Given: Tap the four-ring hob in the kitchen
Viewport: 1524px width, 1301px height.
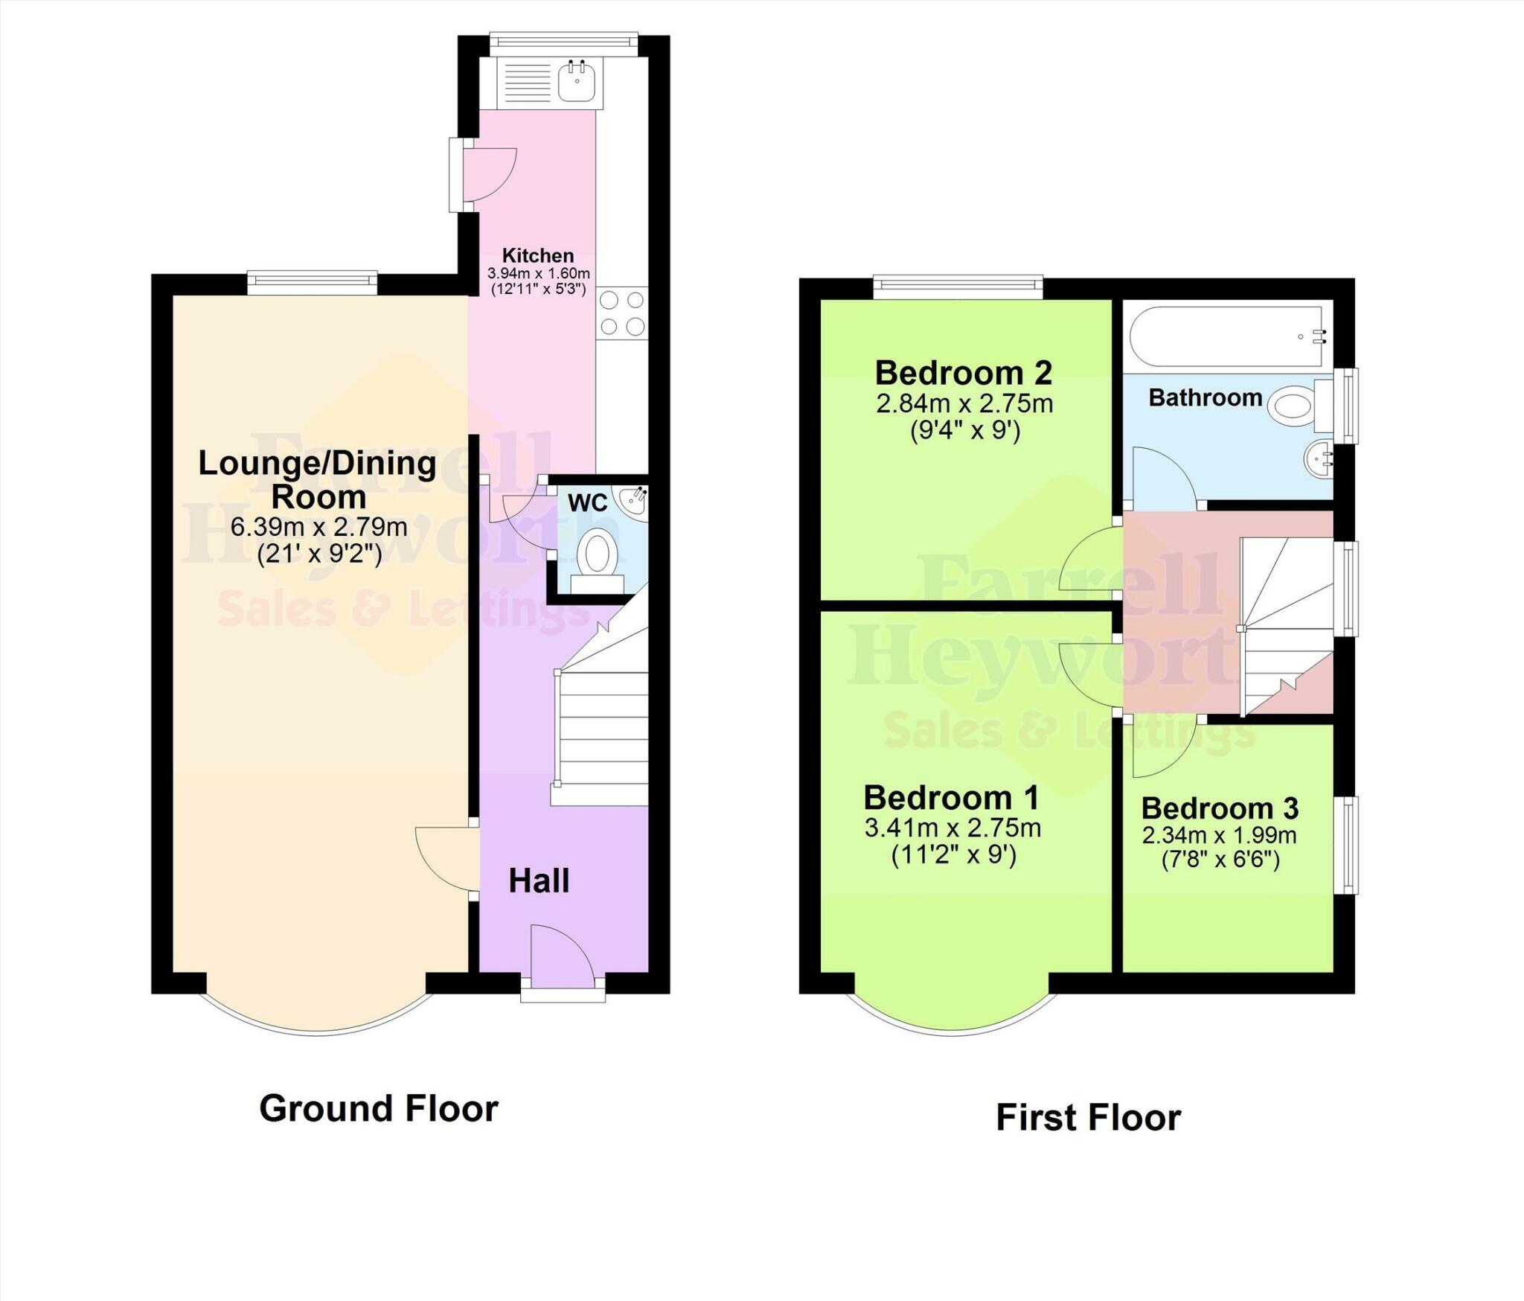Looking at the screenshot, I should click(622, 313).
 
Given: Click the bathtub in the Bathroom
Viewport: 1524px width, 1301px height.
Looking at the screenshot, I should click(1228, 336).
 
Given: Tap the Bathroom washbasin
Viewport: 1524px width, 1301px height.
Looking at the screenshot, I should click(1318, 459).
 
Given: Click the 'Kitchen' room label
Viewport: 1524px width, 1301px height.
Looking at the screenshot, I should click(537, 255).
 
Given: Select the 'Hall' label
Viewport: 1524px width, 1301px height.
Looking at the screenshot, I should click(539, 880).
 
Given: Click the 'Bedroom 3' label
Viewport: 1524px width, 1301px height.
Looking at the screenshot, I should click(1220, 808).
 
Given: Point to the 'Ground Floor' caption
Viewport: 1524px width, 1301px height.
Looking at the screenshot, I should click(378, 1108).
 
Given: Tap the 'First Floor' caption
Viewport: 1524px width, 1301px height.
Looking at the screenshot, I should click(1088, 1117).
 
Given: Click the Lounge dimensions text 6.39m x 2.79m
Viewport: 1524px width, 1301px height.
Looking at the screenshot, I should click(318, 527).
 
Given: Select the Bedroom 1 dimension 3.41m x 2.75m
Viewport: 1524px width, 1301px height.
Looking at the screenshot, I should click(952, 828).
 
